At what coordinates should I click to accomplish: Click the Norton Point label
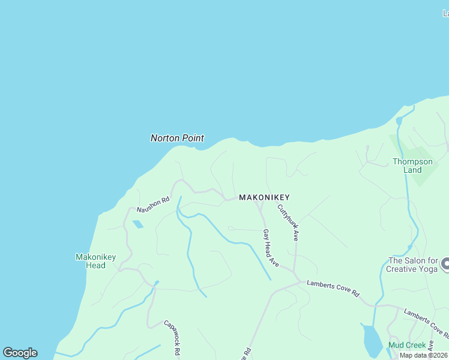point(177,138)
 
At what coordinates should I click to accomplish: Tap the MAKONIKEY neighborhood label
point(264,197)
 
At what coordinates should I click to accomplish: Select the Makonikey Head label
point(95,261)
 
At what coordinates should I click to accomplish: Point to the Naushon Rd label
point(153,205)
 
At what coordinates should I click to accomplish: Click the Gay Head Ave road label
point(271,248)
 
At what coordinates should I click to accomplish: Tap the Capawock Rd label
point(172,338)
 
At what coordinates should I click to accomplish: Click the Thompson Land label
point(412,166)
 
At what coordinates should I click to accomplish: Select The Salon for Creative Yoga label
point(413,265)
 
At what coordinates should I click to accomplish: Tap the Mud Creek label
point(407,345)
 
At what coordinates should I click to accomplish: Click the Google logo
point(20,353)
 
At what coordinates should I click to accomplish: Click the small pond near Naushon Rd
point(138,224)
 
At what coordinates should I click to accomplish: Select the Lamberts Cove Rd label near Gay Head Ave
point(333,289)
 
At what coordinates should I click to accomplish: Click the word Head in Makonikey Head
point(95,265)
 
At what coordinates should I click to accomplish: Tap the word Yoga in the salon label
point(427,269)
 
